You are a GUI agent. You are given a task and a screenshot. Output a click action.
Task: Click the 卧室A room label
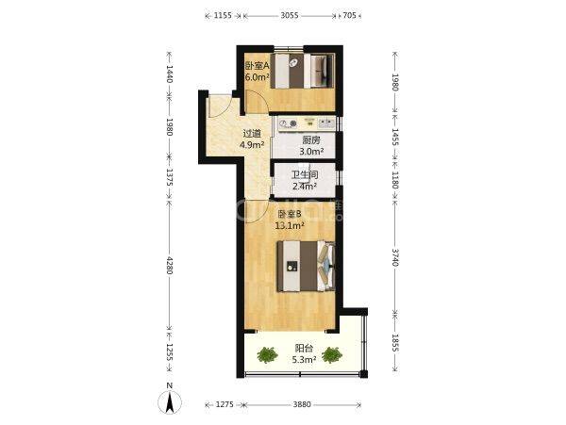point(258,66)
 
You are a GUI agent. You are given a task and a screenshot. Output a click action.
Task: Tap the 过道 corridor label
point(252,134)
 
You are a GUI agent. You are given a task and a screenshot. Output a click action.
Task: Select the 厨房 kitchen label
point(311,139)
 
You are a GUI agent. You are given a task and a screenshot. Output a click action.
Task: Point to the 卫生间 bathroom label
point(305,175)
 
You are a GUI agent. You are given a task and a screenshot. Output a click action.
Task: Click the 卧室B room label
point(290,215)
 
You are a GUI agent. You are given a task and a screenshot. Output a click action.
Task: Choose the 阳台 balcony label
point(304,349)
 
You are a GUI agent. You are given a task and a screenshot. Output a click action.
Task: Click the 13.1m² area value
point(290,226)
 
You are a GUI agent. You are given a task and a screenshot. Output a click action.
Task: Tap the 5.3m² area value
point(304,359)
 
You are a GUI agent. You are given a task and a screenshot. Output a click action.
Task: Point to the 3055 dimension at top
point(290,15)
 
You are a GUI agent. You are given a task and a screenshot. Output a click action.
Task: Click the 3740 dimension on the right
point(395,257)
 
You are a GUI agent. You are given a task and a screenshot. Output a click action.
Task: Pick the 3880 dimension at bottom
point(302,404)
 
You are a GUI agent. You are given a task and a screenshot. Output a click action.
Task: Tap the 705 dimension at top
point(349,15)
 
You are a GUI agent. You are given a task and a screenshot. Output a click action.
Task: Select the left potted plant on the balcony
point(268,354)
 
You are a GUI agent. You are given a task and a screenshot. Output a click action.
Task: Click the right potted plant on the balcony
point(332,354)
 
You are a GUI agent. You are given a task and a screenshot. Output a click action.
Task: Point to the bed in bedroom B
point(306,266)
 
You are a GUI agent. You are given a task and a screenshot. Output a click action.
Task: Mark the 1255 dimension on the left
point(169,351)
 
